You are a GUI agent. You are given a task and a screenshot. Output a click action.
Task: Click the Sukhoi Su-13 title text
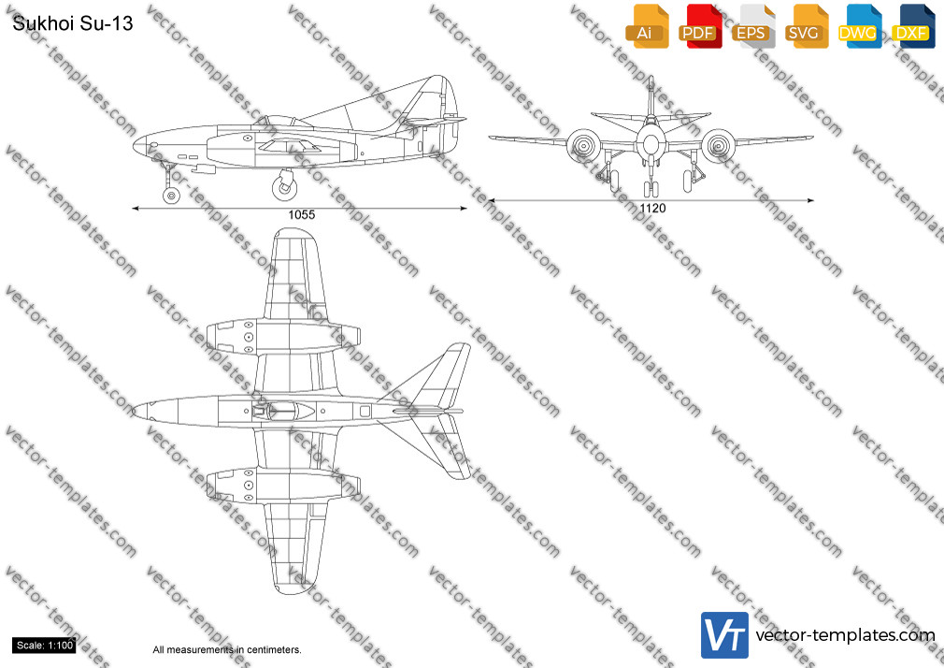[x=72, y=22]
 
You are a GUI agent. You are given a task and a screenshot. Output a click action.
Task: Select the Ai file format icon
[x=647, y=26]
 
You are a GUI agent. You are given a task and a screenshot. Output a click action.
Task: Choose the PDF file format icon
[x=700, y=26]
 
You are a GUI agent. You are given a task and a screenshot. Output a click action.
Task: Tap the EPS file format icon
[x=753, y=26]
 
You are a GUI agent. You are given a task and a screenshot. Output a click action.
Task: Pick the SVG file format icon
[x=806, y=26]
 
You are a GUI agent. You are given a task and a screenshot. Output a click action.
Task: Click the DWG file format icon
[x=859, y=26]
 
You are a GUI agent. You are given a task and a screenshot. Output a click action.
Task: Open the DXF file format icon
[x=913, y=26]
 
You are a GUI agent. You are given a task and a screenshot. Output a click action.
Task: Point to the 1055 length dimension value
[x=301, y=214]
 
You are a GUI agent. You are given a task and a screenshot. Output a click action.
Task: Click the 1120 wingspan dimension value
[x=652, y=208]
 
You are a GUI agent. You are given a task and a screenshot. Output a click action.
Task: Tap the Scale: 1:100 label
[x=45, y=646]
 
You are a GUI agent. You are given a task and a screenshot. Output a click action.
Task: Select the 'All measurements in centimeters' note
[x=227, y=650]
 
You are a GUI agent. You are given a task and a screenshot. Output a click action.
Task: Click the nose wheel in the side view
[x=171, y=195]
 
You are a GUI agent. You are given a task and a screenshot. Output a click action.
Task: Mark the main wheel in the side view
[x=284, y=187]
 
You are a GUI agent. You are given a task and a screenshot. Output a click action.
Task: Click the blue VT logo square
[x=724, y=635]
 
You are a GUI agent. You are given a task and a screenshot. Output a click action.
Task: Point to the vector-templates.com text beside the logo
[x=845, y=635]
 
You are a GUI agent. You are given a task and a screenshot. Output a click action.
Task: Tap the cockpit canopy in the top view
[x=284, y=411]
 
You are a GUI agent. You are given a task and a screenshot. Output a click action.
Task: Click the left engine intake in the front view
[x=582, y=145]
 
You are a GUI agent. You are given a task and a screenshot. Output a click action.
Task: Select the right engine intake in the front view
[x=718, y=145]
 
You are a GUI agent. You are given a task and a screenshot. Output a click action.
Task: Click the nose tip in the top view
[x=133, y=412]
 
